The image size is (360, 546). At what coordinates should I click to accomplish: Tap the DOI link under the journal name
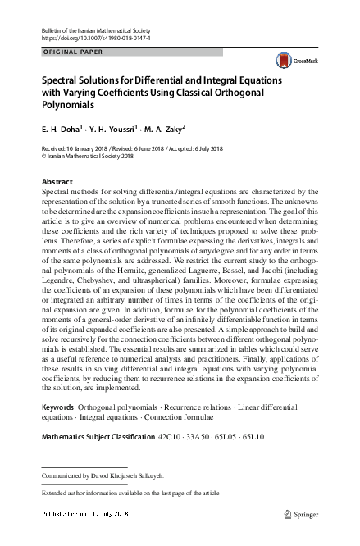click(x=95, y=38)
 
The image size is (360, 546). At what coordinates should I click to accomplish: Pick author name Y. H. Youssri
click(x=112, y=129)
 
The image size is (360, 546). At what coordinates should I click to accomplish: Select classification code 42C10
click(x=169, y=437)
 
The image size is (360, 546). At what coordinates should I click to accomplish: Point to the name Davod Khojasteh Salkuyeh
click(x=125, y=475)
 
